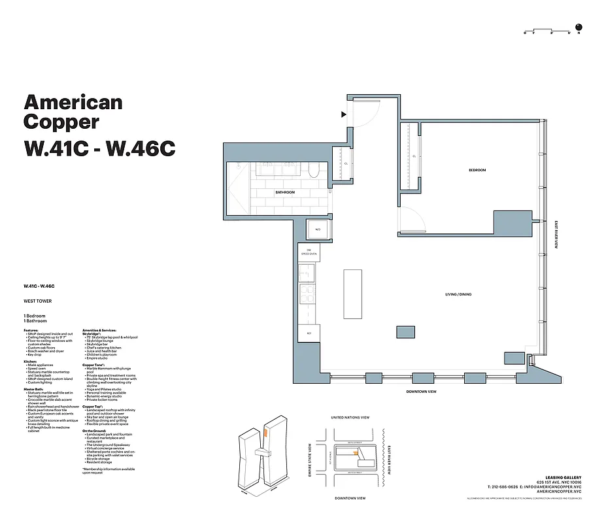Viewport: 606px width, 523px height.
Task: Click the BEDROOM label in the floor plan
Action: tap(477, 170)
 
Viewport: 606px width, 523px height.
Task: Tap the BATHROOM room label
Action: tap(284, 192)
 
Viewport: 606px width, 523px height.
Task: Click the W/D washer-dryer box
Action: tap(318, 230)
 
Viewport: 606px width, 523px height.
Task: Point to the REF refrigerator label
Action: tap(309, 333)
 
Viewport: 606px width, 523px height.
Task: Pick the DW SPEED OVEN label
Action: tap(309, 252)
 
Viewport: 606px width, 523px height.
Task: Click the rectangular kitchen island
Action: tap(353, 293)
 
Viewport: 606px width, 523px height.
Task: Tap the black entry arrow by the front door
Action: tap(343, 114)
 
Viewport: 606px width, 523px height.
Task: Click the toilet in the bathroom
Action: tap(313, 171)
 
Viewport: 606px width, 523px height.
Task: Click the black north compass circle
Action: tap(579, 27)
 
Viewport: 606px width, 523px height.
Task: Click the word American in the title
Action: tap(73, 102)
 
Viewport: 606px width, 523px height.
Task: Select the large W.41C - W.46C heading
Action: tap(99, 148)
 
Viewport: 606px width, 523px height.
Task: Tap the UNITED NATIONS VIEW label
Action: tap(350, 417)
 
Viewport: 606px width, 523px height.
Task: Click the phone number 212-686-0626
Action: tap(505, 487)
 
